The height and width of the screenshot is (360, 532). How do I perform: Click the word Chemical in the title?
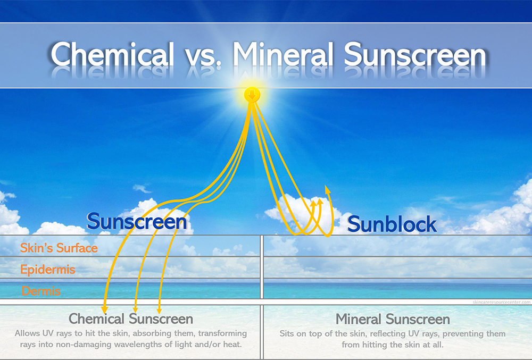112,55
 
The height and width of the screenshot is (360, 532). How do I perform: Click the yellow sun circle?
252,96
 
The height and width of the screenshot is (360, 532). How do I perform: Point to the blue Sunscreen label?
137,222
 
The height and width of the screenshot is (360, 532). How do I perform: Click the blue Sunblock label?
392,224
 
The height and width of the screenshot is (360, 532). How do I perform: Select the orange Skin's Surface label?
59,248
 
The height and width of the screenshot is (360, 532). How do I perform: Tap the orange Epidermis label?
48,270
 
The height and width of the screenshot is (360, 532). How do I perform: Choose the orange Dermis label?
41,291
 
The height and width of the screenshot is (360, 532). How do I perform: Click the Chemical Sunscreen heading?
130,319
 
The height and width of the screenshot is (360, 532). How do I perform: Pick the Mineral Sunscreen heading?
393,320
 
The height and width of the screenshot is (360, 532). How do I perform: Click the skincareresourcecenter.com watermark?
501,302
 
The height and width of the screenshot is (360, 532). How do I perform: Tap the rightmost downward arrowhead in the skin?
159,309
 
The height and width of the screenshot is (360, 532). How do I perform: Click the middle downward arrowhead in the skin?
135,309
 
